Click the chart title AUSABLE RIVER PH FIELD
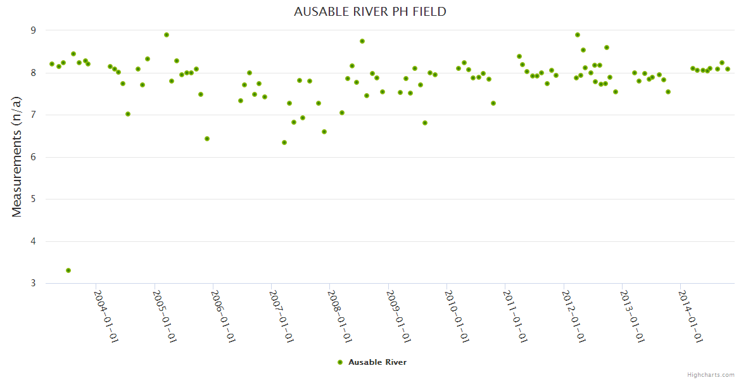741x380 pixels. (x=370, y=11)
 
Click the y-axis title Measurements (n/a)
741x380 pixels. (x=17, y=157)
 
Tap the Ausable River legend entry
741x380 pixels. (x=372, y=362)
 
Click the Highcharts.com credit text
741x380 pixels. (x=711, y=374)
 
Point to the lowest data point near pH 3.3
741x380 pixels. (x=68, y=270)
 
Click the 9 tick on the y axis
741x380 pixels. (x=34, y=30)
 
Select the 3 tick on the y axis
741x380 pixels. (x=34, y=283)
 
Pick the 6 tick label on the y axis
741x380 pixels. (x=34, y=157)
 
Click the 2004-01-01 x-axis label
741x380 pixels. (x=106, y=316)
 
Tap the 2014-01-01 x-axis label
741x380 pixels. (x=690, y=316)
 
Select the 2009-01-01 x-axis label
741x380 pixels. (x=398, y=316)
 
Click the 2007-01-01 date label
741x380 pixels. (x=282, y=316)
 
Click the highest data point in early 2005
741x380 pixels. (x=167, y=35)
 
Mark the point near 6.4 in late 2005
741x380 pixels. (x=207, y=139)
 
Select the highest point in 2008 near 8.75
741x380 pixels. (x=362, y=41)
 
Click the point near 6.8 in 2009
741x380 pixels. (x=425, y=123)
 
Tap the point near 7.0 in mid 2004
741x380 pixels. (x=128, y=114)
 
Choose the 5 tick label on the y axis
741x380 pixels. (x=34, y=199)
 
